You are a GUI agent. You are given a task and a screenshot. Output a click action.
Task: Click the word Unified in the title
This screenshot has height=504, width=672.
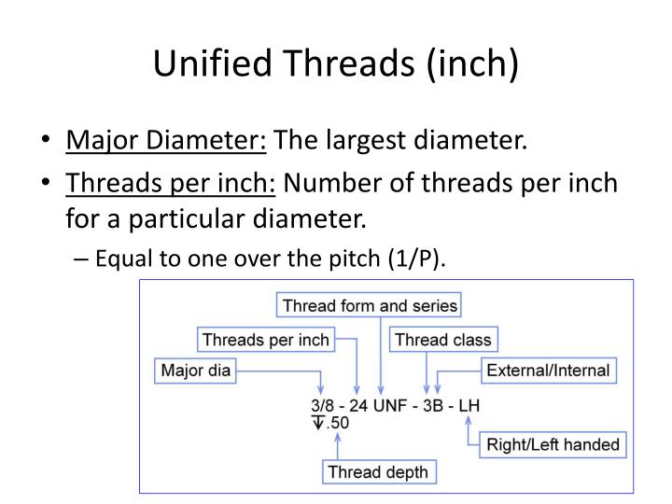(x=213, y=63)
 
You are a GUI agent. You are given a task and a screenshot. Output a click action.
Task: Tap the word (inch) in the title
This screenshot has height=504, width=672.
(x=472, y=63)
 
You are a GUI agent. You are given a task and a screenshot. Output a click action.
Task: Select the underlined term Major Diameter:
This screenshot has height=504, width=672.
(x=166, y=140)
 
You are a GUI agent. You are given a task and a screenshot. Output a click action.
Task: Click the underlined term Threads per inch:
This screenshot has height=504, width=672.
(x=170, y=184)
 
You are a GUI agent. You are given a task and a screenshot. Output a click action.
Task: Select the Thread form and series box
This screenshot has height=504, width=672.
(x=369, y=305)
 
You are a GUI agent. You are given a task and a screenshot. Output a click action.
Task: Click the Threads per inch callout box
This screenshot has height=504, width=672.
(x=266, y=340)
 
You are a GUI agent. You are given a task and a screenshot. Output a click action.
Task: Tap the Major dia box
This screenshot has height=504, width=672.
(x=195, y=371)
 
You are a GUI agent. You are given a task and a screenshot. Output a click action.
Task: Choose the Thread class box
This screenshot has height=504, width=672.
(x=443, y=340)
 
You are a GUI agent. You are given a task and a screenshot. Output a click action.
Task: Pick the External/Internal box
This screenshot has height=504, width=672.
(x=549, y=371)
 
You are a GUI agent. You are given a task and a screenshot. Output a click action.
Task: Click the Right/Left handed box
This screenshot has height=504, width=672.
(x=553, y=444)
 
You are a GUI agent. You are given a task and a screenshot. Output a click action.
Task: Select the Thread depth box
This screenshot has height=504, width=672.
(x=379, y=472)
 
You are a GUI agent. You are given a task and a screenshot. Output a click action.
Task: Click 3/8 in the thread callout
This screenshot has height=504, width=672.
(x=322, y=405)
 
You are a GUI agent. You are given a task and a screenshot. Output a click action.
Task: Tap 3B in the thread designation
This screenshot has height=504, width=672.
(x=433, y=405)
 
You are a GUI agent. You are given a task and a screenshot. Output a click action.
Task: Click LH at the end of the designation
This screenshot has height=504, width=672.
(x=469, y=405)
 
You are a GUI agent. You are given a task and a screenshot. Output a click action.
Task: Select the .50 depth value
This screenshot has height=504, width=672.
(x=338, y=423)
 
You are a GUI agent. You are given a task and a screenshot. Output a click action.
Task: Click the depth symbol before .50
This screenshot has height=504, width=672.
(x=318, y=423)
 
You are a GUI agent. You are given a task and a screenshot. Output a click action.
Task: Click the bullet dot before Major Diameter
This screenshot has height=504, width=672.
(x=46, y=139)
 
